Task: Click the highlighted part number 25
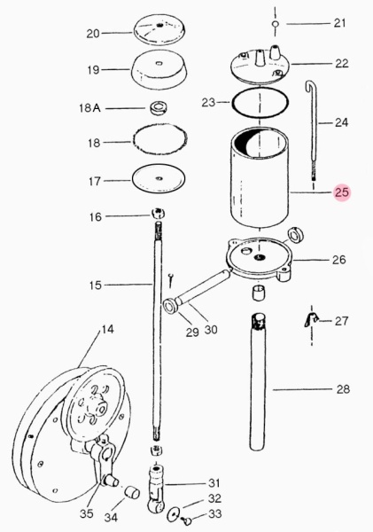click(x=341, y=192)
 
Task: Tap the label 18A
click(x=89, y=108)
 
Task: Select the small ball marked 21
click(x=276, y=24)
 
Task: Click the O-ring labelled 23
click(x=260, y=102)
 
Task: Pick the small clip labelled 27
click(x=311, y=319)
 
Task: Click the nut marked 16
click(x=158, y=214)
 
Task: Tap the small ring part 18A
click(x=157, y=108)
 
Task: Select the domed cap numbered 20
click(x=160, y=29)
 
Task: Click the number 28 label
click(x=343, y=389)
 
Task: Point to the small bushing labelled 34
click(x=131, y=493)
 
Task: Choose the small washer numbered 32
click(x=175, y=514)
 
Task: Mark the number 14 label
click(x=107, y=329)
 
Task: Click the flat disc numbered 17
click(x=159, y=178)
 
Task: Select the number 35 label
click(x=86, y=513)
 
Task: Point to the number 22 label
click(x=341, y=64)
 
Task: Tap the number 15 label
click(x=96, y=285)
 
